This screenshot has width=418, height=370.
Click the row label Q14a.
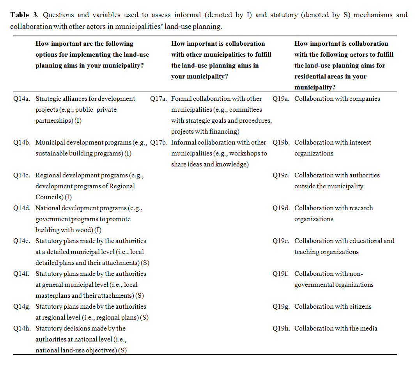tap(21, 99)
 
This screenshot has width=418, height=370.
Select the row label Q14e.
tap(21, 241)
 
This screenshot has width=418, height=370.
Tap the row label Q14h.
tap(21, 329)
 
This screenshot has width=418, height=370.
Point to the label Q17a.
tap(159, 99)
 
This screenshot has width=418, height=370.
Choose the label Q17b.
tap(159, 143)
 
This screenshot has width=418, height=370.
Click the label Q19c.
tap(281, 175)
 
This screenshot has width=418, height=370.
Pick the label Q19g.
tap(281, 307)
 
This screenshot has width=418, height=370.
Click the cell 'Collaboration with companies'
tap(337, 99)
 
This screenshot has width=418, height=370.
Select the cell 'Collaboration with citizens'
tap(333, 307)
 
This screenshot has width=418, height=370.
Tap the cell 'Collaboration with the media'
tap(336, 329)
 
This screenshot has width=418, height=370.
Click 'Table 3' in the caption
tap(25, 15)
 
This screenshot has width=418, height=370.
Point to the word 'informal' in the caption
tap(189, 15)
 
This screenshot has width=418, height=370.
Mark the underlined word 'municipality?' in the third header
tap(314, 88)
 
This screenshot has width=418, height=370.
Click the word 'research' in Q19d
tap(358, 208)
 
